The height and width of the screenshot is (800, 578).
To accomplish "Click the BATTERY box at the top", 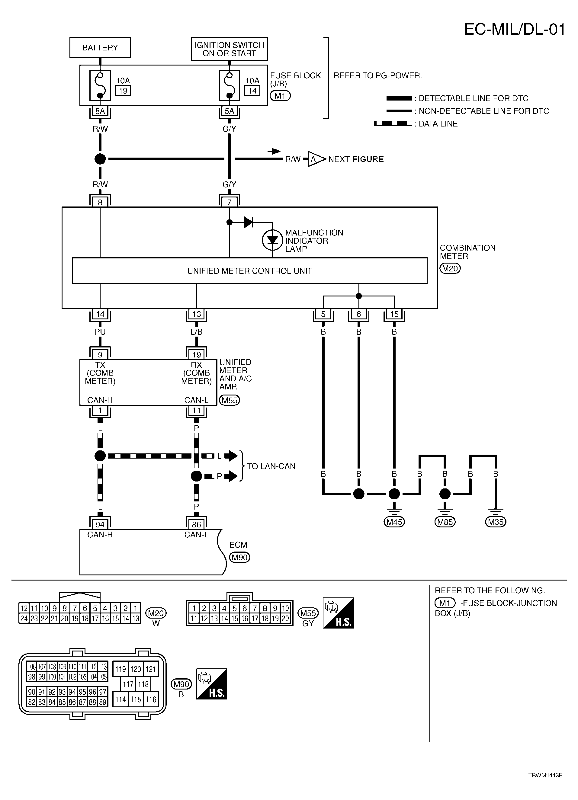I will pyautogui.click(x=100, y=48).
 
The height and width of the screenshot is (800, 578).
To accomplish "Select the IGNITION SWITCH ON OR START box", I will pyautogui.click(x=230, y=49).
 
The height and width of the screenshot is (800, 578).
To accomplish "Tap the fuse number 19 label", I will pyautogui.click(x=123, y=91).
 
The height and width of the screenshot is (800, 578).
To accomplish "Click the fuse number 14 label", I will pyautogui.click(x=252, y=91).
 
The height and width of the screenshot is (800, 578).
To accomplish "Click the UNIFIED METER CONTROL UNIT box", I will pyautogui.click(x=249, y=271).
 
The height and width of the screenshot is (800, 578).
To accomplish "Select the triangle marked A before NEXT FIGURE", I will pyautogui.click(x=315, y=159).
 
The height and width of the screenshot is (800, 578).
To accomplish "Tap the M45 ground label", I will pyautogui.click(x=394, y=522).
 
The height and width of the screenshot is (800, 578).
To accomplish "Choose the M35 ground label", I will pyautogui.click(x=496, y=522).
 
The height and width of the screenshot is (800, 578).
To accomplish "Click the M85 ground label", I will pyautogui.click(x=445, y=522).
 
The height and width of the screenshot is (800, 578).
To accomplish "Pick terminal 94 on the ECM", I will pyautogui.click(x=100, y=524).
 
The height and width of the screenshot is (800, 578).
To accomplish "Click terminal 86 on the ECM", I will pyautogui.click(x=196, y=524).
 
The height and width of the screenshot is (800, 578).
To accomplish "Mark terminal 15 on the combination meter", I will pyautogui.click(x=394, y=314).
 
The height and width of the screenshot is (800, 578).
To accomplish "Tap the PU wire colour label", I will pyautogui.click(x=100, y=332).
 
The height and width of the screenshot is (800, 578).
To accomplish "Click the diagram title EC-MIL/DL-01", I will pyautogui.click(x=515, y=30).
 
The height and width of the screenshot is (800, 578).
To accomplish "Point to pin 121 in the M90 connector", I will pyautogui.click(x=151, y=669).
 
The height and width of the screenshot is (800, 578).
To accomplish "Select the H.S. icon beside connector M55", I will pyautogui.click(x=339, y=613).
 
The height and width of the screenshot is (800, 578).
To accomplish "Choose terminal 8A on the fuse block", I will pyautogui.click(x=100, y=111).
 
